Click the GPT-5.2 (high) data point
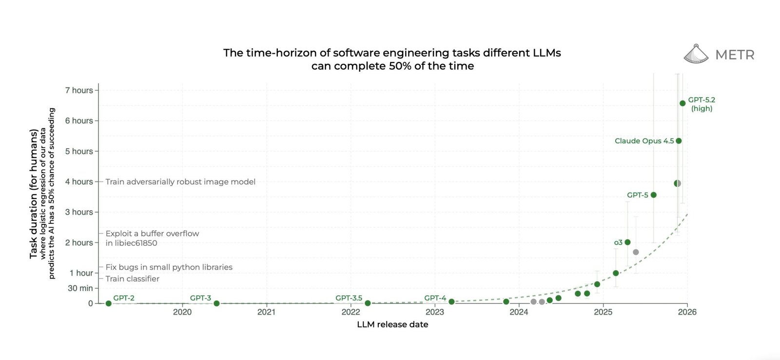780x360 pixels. [x=682, y=103]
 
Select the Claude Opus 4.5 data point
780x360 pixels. [x=679, y=141]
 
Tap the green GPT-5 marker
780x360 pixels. [x=654, y=195]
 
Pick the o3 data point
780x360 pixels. [x=627, y=242]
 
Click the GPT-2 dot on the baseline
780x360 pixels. [x=108, y=303]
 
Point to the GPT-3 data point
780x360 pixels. [x=216, y=303]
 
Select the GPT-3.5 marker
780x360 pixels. [x=368, y=303]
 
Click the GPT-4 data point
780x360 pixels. [x=451, y=302]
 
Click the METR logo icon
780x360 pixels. [x=696, y=54]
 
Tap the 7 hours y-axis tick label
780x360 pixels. [x=79, y=90]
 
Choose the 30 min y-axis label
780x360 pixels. [x=80, y=288]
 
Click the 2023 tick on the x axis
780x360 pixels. [x=435, y=312]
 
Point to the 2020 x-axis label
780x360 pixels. [x=182, y=312]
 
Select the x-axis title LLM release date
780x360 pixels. [x=392, y=324]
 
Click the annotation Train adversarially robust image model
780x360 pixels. [x=180, y=182]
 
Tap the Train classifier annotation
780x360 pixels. [x=133, y=279]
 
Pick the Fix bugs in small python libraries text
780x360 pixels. [x=169, y=267]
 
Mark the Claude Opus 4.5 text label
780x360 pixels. [x=644, y=141]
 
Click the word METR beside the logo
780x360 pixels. [x=735, y=55]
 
